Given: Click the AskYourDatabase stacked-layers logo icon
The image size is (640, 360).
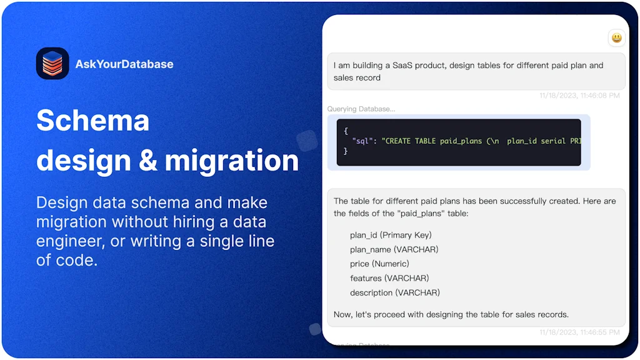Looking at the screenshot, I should pyautogui.click(x=52, y=64).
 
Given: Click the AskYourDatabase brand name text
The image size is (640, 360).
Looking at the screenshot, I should pyautogui.click(x=124, y=64).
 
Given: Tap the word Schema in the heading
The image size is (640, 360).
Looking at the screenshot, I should pyautogui.click(x=92, y=120).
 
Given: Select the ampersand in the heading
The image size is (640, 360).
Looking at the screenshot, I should pyautogui.click(x=147, y=160).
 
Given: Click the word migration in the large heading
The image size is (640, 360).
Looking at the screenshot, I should pyautogui.click(x=232, y=160).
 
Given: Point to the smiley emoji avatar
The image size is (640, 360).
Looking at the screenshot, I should pyautogui.click(x=616, y=38).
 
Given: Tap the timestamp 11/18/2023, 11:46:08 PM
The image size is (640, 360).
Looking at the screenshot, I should pyautogui.click(x=579, y=96).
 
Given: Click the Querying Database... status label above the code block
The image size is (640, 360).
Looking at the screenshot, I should pyautogui.click(x=361, y=109).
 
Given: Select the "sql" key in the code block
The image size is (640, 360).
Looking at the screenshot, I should pyautogui.click(x=362, y=141).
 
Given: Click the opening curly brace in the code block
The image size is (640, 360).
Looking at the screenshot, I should pyautogui.click(x=346, y=131).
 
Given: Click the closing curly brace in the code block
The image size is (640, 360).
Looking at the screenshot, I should pyautogui.click(x=346, y=151).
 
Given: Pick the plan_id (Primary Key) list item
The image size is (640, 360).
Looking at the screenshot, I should pyautogui.click(x=391, y=235).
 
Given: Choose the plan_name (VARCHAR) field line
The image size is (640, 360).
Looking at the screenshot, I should pyautogui.click(x=394, y=249).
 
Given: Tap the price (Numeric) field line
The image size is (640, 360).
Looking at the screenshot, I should pyautogui.click(x=379, y=264).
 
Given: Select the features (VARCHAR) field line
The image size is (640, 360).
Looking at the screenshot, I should pyautogui.click(x=389, y=278).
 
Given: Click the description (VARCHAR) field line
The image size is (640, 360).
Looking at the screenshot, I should pyautogui.click(x=394, y=292).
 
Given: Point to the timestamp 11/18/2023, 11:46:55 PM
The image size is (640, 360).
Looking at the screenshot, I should pyautogui.click(x=579, y=332).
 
